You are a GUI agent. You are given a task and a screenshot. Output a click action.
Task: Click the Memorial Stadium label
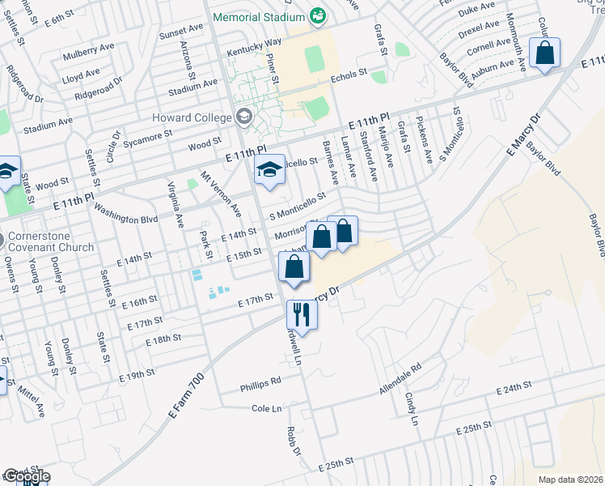click(259, 16)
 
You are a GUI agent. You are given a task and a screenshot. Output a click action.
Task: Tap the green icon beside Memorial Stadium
click(318, 15)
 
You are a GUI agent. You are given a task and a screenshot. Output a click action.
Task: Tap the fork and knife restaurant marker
click(302, 314)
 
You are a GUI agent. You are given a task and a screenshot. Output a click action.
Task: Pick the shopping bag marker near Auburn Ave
click(545, 53)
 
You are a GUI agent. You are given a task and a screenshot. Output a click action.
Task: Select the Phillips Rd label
click(260, 380)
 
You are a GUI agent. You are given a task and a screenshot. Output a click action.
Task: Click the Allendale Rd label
click(400, 379)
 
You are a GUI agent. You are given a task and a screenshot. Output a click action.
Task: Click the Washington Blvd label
click(125, 207)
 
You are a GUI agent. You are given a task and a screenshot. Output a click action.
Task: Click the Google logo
click(26, 477)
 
